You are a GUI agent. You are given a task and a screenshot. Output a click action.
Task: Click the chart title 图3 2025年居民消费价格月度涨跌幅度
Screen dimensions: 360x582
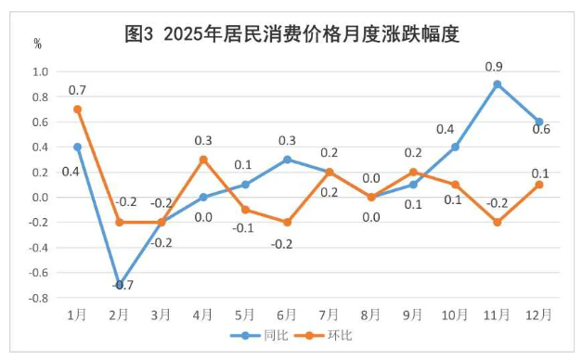292,34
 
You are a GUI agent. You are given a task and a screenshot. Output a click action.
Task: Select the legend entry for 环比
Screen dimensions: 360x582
332,335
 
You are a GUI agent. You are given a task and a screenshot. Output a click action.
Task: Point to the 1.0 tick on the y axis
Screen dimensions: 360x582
40,71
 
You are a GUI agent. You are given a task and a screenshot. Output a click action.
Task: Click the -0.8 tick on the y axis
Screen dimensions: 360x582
38,299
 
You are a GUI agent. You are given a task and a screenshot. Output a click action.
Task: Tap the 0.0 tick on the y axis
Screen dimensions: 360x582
40,198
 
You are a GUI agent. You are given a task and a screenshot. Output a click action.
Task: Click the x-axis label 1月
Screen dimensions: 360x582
78,315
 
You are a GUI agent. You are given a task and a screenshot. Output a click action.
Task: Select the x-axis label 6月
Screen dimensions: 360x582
287,315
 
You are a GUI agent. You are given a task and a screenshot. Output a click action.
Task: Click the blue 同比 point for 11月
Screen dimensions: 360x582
497,84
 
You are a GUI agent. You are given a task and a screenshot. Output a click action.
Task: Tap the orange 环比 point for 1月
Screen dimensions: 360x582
77,109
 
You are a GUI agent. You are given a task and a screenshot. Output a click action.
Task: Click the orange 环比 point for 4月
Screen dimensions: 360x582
203,160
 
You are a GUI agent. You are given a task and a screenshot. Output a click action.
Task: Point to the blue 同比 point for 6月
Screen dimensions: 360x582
287,160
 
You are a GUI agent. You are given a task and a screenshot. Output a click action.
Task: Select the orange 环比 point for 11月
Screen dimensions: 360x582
497,223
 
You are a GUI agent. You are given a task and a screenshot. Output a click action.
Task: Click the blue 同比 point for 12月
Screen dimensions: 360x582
538,122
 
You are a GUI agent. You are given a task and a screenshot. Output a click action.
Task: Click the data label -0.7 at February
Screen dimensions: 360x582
123,286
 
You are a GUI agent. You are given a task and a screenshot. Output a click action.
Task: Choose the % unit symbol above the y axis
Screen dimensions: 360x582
37,44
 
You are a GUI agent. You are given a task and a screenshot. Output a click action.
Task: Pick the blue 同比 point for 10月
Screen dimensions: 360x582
455,147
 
